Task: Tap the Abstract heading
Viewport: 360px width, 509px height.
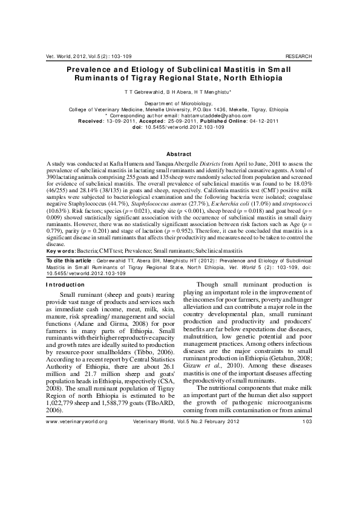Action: (179, 155)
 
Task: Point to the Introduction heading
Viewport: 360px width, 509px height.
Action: (70, 284)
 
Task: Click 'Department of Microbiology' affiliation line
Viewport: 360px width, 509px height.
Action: (179, 104)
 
